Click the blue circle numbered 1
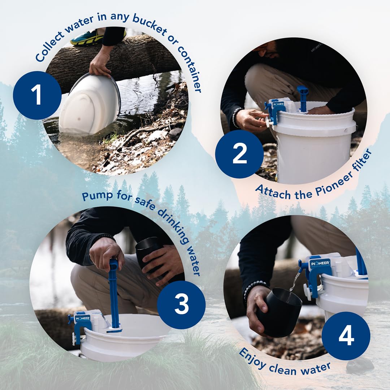37,95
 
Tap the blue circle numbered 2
239,154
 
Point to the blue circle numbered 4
346,336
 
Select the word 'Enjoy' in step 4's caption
252,358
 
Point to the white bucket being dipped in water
90,104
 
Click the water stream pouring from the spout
293,283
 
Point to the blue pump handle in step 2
303,99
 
